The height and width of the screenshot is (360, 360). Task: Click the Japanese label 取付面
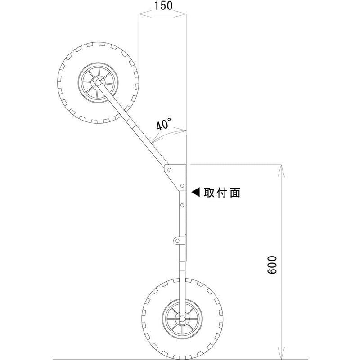(222, 193)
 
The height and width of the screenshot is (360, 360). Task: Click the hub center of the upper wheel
(97, 82)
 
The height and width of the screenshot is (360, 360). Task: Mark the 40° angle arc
(169, 133)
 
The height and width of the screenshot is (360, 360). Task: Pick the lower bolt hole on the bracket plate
(182, 186)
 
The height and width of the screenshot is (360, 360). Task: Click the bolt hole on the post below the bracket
(182, 205)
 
